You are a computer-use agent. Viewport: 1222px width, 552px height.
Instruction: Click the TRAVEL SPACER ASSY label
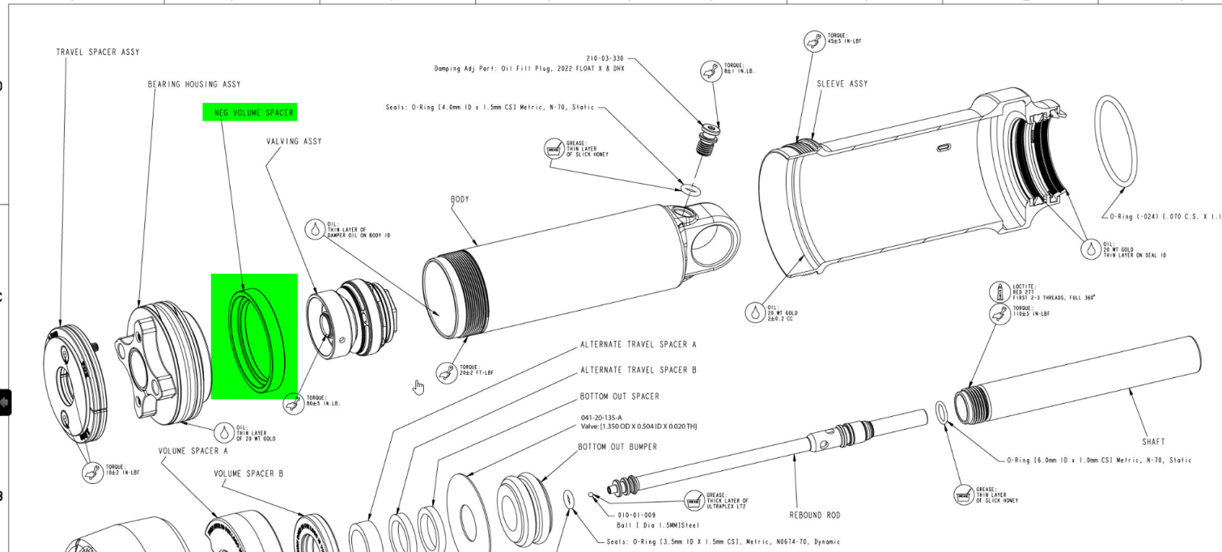tap(98, 52)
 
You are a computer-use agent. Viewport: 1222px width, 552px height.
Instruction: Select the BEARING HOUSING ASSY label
tap(194, 84)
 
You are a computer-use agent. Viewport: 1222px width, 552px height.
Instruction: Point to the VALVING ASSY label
tap(294, 141)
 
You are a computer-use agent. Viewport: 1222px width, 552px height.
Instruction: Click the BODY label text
tap(460, 199)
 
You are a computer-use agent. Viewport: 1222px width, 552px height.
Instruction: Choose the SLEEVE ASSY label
tap(842, 84)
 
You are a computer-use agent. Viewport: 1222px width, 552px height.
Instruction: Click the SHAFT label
tap(1153, 441)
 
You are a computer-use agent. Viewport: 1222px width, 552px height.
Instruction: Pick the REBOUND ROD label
tap(814, 515)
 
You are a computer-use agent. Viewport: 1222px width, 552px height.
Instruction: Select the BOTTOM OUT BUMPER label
tap(617, 447)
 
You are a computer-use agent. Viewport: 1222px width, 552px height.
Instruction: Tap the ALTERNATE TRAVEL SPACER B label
tap(638, 370)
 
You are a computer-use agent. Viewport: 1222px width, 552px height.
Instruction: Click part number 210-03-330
tap(605, 58)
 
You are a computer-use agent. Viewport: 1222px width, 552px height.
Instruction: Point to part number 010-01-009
tap(637, 515)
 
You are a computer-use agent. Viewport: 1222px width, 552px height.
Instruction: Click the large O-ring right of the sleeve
tap(1116, 140)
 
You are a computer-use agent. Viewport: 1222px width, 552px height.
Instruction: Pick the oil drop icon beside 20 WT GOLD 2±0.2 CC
tap(755, 312)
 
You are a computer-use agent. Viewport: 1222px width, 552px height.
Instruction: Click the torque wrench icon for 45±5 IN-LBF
tap(814, 40)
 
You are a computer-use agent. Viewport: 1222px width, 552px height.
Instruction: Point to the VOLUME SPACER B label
tap(248, 473)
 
